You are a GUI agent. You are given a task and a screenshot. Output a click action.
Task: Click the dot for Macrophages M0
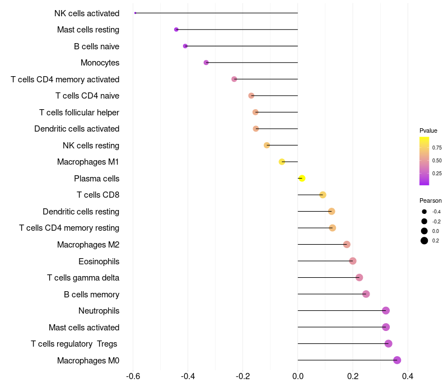click(x=397, y=360)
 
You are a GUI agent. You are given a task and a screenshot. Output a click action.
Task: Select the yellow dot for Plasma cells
click(x=302, y=178)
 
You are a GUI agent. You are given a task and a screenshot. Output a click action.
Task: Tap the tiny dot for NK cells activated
click(x=136, y=13)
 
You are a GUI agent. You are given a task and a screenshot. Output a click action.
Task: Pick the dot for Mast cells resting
click(x=176, y=29)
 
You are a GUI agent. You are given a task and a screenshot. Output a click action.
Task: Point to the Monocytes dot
click(x=206, y=63)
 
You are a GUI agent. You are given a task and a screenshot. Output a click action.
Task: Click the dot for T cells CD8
click(x=323, y=195)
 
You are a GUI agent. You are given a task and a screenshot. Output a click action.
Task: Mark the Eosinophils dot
click(x=353, y=261)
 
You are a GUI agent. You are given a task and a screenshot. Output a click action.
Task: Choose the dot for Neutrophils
click(x=386, y=310)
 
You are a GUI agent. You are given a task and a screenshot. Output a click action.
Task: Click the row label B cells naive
click(x=96, y=46)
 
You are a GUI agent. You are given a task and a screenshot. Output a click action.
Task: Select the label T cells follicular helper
click(x=79, y=113)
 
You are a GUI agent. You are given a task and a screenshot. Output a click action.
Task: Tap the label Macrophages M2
click(x=88, y=245)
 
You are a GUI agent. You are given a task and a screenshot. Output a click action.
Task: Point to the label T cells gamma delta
click(x=83, y=278)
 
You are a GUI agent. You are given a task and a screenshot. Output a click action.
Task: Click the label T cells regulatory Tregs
click(x=74, y=344)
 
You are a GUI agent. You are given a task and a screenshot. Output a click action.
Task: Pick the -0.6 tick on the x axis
click(x=133, y=376)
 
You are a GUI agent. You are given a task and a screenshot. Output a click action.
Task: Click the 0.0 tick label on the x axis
click(x=298, y=376)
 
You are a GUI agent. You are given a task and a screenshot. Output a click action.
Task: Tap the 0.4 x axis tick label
click(x=407, y=376)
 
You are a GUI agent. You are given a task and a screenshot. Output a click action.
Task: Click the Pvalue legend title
click(x=428, y=130)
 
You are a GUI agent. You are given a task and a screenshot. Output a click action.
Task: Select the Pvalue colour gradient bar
click(x=424, y=161)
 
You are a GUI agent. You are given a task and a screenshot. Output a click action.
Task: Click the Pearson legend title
click(x=431, y=200)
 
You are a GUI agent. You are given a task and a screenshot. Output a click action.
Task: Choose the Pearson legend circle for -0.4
click(x=424, y=212)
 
